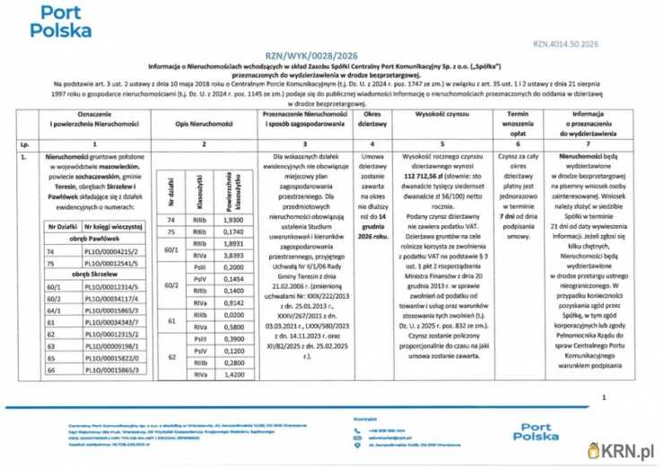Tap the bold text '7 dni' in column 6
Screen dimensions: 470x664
[x=511, y=216]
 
